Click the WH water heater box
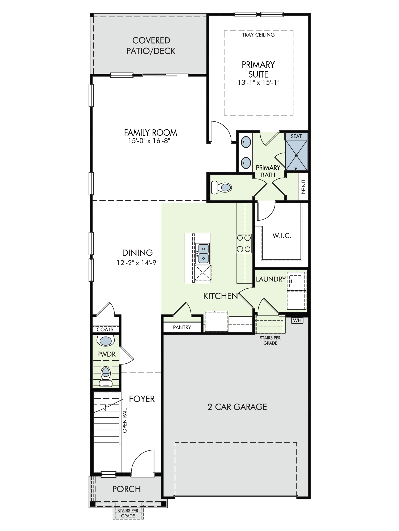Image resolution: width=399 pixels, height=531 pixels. [x=297, y=320]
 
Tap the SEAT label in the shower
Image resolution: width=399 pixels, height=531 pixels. [x=296, y=136]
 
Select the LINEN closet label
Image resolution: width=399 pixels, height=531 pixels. [x=304, y=187]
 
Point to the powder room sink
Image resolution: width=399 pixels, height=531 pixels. [x=106, y=341]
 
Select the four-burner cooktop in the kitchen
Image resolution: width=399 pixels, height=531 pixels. [x=244, y=243]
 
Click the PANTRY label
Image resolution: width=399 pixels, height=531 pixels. [x=182, y=327]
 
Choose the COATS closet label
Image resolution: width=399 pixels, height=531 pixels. [x=105, y=329]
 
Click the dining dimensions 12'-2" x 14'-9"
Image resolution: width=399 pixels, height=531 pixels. [x=138, y=263]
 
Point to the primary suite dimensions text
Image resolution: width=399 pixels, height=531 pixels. [x=259, y=83]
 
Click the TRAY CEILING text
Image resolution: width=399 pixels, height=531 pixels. [x=258, y=35]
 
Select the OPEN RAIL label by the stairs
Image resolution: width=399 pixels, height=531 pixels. [x=125, y=420]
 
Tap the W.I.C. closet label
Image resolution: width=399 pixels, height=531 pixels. [x=282, y=235]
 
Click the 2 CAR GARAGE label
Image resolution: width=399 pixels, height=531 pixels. [x=237, y=407]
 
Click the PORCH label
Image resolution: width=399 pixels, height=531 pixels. [x=126, y=489]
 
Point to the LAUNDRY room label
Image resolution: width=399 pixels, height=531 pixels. [x=271, y=279]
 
